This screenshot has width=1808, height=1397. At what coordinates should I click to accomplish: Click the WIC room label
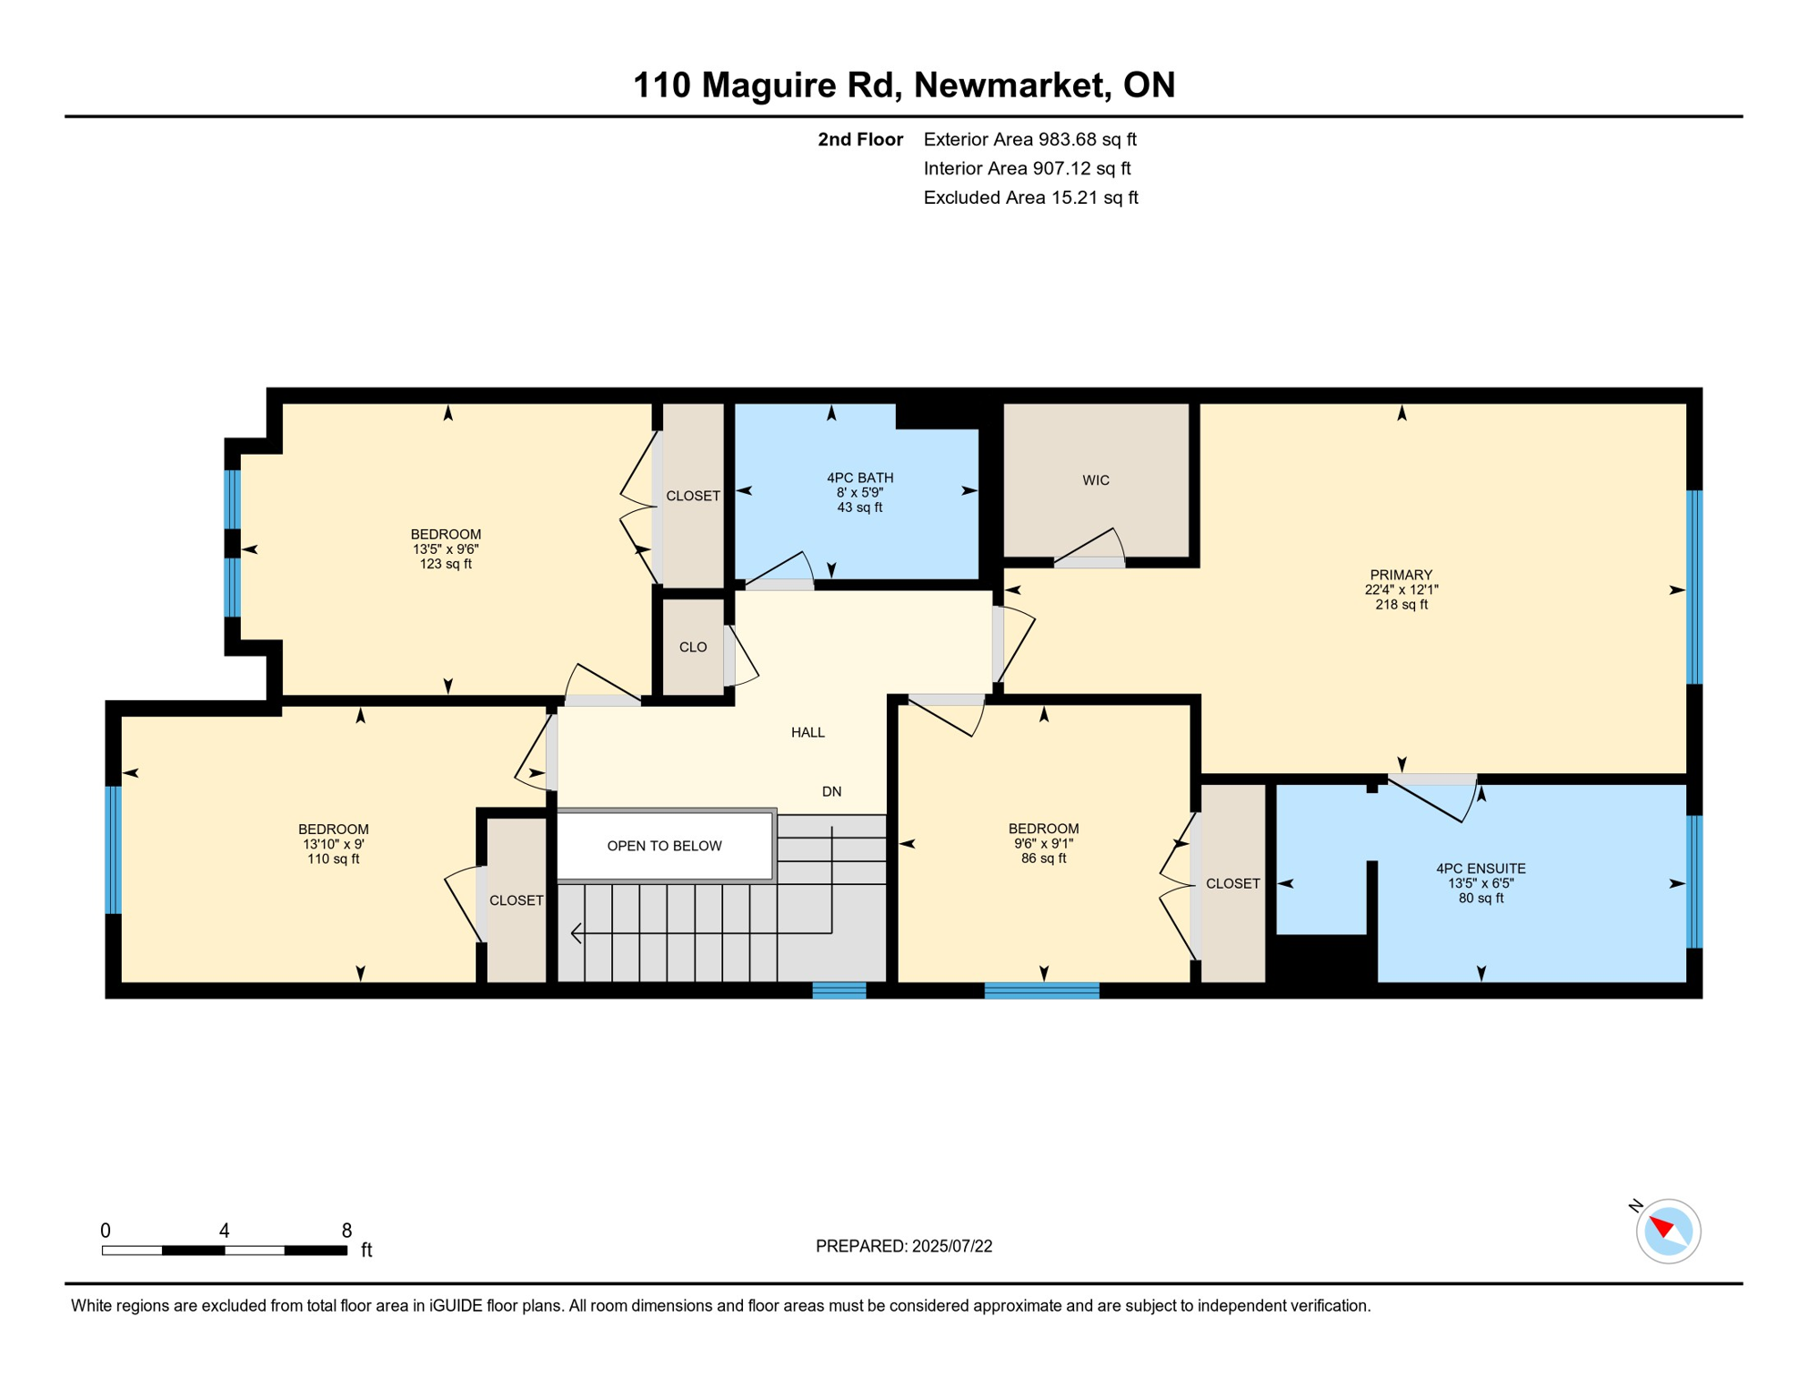pos(1096,480)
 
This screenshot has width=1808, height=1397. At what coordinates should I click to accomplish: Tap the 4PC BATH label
pos(859,477)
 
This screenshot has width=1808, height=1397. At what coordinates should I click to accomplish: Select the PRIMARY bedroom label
pos(1401,575)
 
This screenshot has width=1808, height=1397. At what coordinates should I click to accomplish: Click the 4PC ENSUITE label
pos(1481,869)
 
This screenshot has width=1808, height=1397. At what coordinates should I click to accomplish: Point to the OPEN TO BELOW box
pos(664,846)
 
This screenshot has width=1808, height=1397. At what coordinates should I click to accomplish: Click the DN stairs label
pos(831,791)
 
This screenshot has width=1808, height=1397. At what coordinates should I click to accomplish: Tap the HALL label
pos(808,732)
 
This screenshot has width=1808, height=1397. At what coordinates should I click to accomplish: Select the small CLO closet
pos(693,647)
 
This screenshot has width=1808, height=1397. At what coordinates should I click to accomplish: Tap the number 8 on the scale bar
pos(347,1231)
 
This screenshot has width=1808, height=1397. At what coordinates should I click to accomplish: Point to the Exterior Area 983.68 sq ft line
pos(1030,139)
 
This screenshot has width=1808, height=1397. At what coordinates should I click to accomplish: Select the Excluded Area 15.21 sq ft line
pos(1030,197)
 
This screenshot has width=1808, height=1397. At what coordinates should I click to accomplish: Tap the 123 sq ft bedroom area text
pos(446,564)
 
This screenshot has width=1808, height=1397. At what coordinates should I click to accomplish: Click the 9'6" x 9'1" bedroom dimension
pos(1043,843)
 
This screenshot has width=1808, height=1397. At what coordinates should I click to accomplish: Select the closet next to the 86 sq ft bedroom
pos(1232,883)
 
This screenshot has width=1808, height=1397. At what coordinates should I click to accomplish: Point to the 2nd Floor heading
pos(859,139)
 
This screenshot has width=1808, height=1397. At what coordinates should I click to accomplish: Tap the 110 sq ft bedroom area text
pos(333,859)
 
